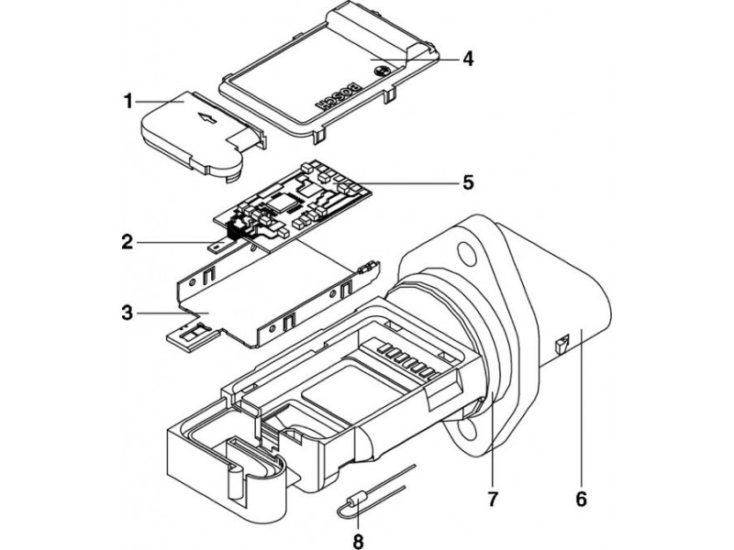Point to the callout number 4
[x=467, y=58]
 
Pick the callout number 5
[x=467, y=182]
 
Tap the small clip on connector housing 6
[x=562, y=346]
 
